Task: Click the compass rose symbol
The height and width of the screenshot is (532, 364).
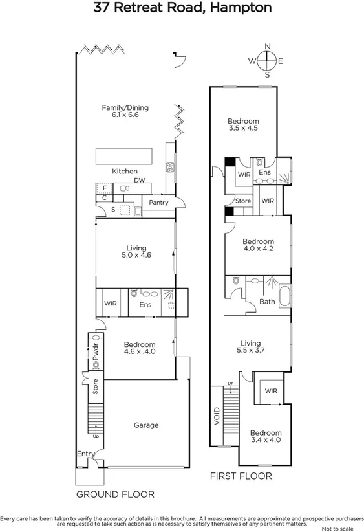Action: (x=267, y=61)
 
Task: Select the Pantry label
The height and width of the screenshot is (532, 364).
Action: (x=158, y=203)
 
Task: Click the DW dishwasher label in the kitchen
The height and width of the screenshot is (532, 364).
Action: (x=138, y=181)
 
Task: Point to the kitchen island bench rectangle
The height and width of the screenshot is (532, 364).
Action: (x=125, y=157)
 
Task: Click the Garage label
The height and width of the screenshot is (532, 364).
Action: (x=145, y=425)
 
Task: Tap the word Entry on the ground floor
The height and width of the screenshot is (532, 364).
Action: (x=85, y=454)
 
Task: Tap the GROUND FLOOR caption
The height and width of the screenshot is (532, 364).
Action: (x=115, y=494)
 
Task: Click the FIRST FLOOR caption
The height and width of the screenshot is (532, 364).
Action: (x=241, y=476)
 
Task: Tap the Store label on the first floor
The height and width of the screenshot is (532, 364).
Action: (x=242, y=201)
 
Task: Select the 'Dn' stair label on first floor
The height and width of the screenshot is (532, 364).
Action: (x=231, y=384)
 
